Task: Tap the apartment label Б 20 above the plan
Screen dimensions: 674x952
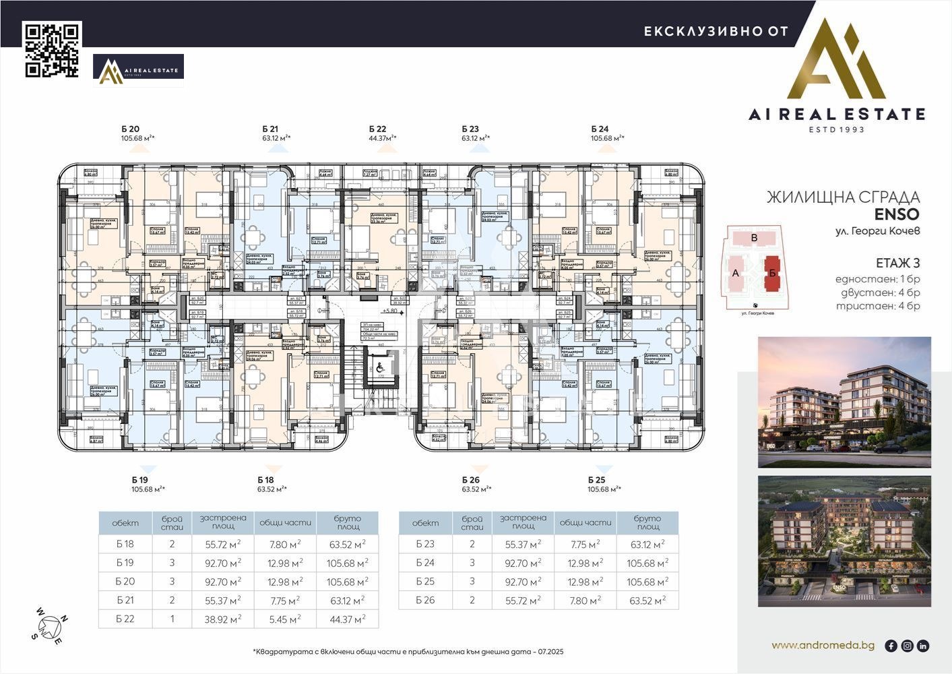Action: [x=131, y=129]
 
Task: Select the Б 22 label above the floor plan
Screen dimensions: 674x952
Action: [x=377, y=129]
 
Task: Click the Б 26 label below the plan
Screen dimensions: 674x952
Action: [x=470, y=479]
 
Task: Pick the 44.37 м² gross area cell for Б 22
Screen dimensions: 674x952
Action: [x=347, y=619]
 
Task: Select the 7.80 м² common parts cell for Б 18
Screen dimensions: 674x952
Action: [x=285, y=544]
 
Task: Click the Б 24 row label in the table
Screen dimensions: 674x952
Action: [x=425, y=563]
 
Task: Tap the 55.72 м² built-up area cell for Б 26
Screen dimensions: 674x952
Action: [x=523, y=600]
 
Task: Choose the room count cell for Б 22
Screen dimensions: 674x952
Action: [x=172, y=619]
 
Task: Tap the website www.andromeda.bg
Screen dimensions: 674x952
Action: [x=823, y=645]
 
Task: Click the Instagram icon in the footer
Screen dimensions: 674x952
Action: [x=907, y=646]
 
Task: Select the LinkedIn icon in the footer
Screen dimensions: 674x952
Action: [x=923, y=646]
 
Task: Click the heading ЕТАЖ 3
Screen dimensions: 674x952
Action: [x=897, y=263]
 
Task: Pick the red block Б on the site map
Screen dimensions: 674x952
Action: [x=772, y=273]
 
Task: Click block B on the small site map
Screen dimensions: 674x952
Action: [x=755, y=238]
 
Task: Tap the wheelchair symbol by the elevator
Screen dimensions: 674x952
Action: [x=379, y=367]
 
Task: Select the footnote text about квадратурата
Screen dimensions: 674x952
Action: [x=408, y=652]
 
